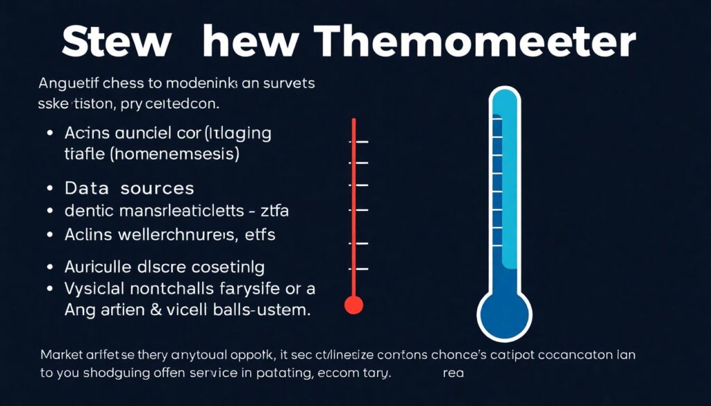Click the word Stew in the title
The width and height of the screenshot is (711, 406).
115,42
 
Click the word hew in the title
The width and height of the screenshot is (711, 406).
240,42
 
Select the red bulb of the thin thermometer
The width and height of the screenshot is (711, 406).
354,304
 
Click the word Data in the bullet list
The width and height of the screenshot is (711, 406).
87,188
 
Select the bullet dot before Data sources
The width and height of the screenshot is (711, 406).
49,189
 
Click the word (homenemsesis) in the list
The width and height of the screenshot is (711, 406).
174,153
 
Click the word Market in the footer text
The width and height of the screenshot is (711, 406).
60,355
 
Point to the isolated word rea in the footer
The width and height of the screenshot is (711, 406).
453,372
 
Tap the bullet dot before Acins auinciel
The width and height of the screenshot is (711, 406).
49,133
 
